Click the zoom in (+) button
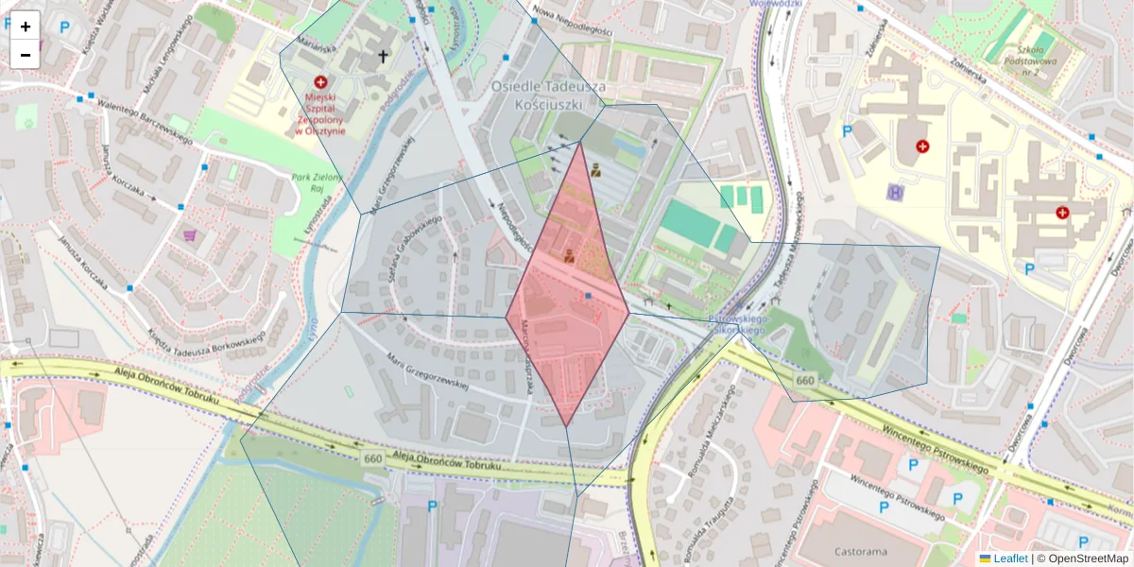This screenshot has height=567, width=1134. [x=26, y=26]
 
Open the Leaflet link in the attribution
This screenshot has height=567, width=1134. [x=1009, y=558]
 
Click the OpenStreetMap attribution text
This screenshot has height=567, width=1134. [x=1087, y=558]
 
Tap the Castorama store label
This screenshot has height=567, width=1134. [x=863, y=550]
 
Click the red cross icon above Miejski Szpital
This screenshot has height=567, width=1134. [x=320, y=83]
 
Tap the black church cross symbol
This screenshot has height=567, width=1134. [x=383, y=57]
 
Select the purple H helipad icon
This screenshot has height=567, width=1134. [x=894, y=192]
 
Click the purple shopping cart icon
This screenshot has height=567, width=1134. [x=190, y=234]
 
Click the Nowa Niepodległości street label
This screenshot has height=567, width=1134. [x=572, y=23]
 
